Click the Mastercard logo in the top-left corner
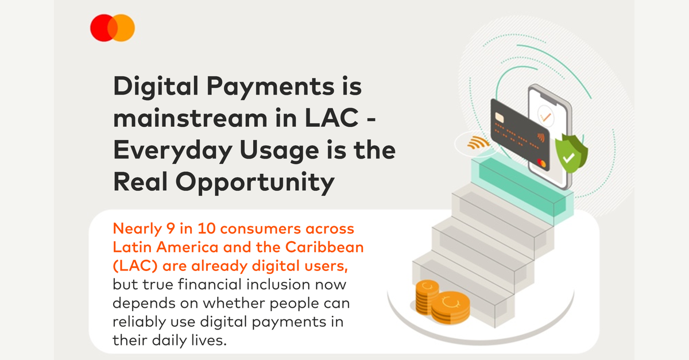pyautogui.click(x=113, y=28)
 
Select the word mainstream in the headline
pyautogui.click(x=191, y=118)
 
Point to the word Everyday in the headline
pyautogui.click(x=173, y=151)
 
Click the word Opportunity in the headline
pyautogui.click(x=255, y=183)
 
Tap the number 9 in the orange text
pyautogui.click(x=171, y=229)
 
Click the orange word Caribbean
pyautogui.click(x=324, y=247)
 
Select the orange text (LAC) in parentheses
pyautogui.click(x=136, y=266)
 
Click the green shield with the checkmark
pyautogui.click(x=571, y=153)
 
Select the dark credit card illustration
pyautogui.click(x=520, y=134)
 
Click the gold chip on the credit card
pyautogui.click(x=499, y=118)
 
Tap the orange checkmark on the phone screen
pyautogui.click(x=545, y=117)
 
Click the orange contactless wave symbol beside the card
pyautogui.click(x=478, y=143)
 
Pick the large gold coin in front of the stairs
pyautogui.click(x=450, y=308)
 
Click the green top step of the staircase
pyautogui.click(x=522, y=188)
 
